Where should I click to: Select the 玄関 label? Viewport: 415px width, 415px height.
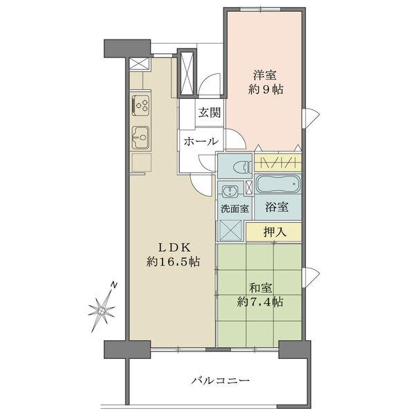[210, 113]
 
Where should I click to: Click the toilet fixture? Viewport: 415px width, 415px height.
[238, 166]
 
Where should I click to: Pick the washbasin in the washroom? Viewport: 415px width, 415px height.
[229, 190]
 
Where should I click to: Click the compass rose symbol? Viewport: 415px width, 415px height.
[102, 309]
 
